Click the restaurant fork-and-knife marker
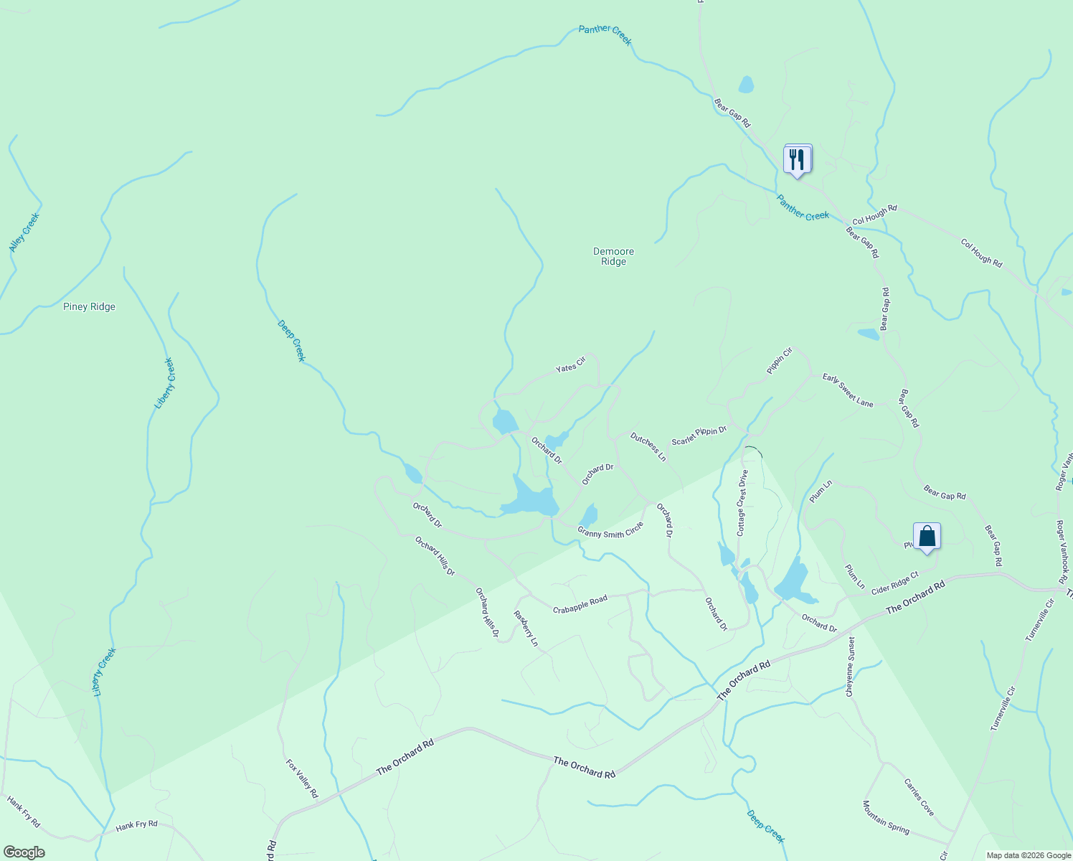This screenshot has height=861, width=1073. tap(797, 159)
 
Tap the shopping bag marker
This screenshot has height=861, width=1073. tap(927, 536)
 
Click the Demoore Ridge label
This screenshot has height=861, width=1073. tap(614, 257)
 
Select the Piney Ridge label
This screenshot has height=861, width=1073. tap(89, 307)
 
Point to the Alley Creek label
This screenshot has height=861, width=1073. tap(24, 232)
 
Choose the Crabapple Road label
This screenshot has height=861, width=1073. tap(580, 604)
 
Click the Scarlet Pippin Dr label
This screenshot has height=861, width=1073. tap(699, 436)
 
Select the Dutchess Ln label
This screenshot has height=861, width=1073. tap(648, 446)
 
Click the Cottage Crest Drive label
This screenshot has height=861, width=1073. tap(742, 503)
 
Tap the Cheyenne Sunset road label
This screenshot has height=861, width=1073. tap(851, 667)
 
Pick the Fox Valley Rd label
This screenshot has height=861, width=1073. tap(302, 778)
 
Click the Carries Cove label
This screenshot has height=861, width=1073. tap(920, 797)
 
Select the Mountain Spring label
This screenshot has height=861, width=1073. tap(886, 818)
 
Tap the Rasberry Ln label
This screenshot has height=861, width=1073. tap(526, 629)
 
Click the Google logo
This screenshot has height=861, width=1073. tap(23, 852)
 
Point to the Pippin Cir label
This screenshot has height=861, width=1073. tap(780, 361)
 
